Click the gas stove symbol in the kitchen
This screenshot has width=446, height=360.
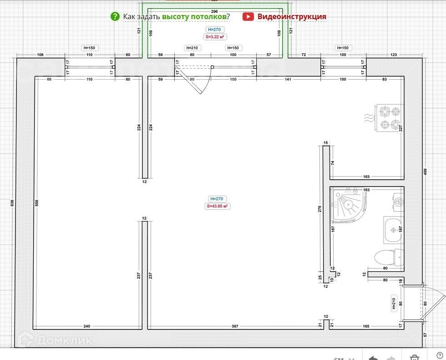click(x=390, y=117)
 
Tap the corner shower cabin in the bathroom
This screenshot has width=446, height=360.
click(x=348, y=204)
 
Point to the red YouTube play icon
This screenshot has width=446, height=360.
click(x=248, y=17)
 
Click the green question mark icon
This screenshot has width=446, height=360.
click(x=115, y=17)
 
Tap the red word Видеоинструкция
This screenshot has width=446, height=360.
click(x=292, y=17)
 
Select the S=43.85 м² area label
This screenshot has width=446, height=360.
click(x=217, y=206)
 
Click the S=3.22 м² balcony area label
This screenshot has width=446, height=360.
click(x=215, y=37)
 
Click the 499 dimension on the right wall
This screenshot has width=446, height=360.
click(x=426, y=172)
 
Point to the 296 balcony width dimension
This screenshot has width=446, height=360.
click(x=215, y=11)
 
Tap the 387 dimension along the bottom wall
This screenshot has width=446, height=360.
click(x=235, y=326)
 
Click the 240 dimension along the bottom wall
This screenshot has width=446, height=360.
click(x=86, y=326)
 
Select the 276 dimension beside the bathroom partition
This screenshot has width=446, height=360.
click(x=320, y=209)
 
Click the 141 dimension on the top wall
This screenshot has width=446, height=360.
click(x=288, y=80)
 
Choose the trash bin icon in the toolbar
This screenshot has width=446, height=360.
click(x=414, y=356)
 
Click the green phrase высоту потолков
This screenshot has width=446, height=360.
click(x=194, y=17)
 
